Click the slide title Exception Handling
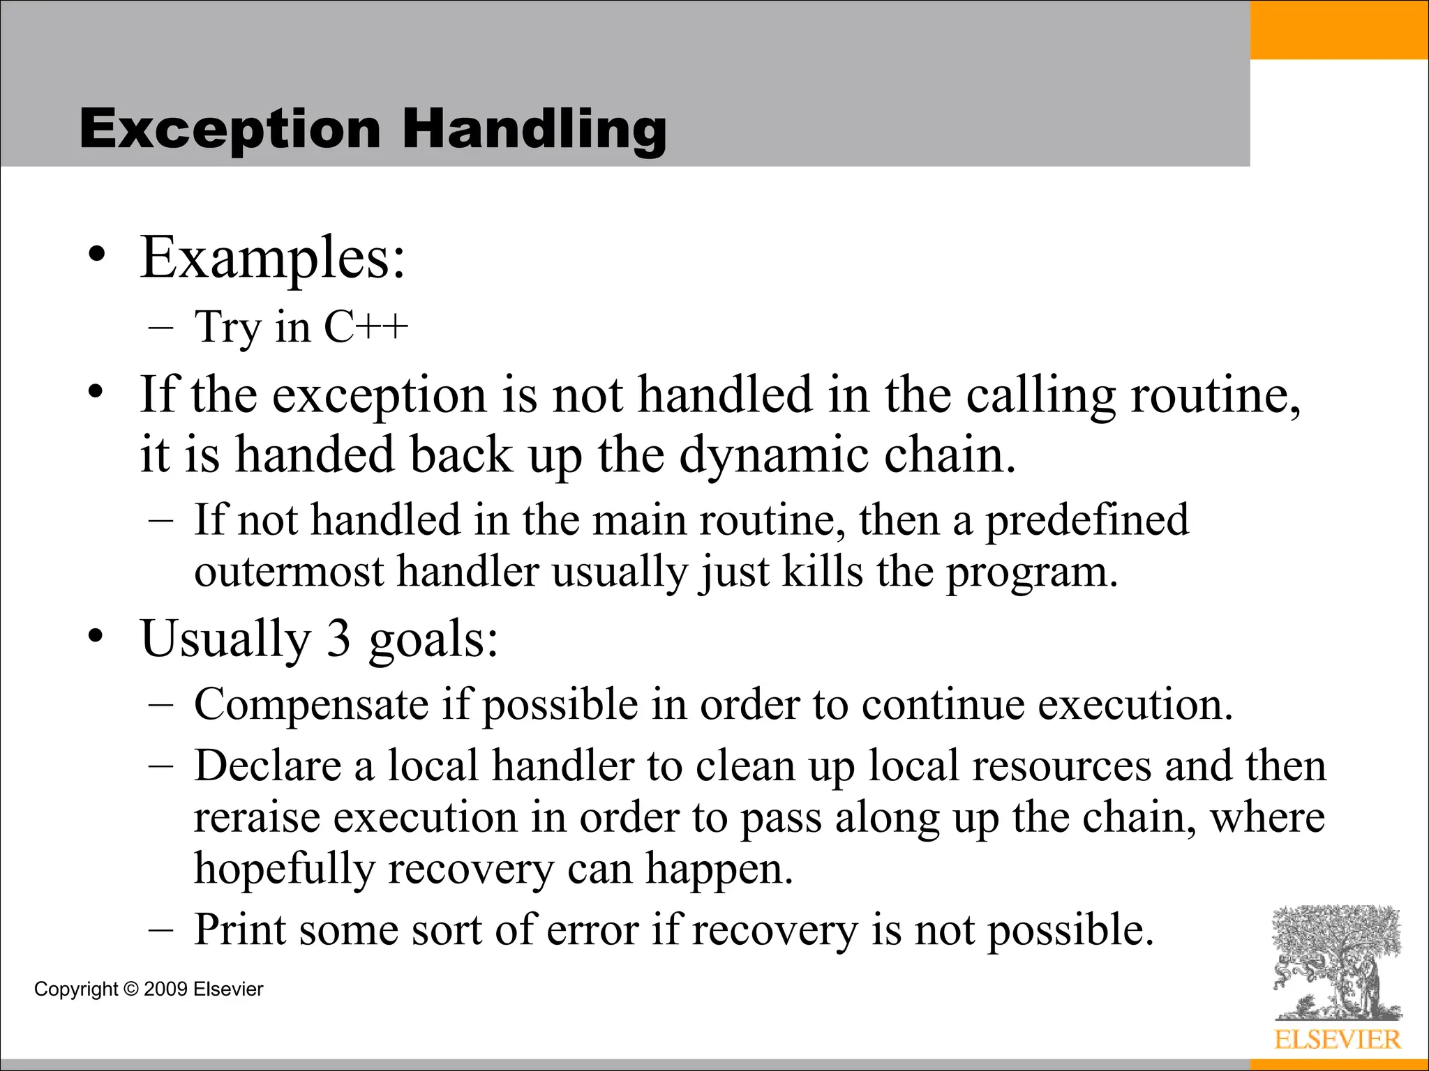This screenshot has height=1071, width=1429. pos(373,130)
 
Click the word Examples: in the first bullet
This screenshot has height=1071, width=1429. pos(272,258)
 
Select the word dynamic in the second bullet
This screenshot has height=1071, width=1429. pos(774,455)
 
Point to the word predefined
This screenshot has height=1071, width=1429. pos(1086,520)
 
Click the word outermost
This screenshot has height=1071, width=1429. pos(289,572)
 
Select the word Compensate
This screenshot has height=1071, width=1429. pos(311,705)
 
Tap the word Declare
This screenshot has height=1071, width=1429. pos(267,766)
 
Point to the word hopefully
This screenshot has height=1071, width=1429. pos(284,869)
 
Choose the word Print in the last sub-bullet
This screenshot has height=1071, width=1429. pos(240,929)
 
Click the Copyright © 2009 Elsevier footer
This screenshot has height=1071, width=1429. pos(149,989)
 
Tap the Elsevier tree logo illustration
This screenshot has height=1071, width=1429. pos(1336,962)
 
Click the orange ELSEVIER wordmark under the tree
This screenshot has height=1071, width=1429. pos(1337,1040)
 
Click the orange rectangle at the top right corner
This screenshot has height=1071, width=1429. pos(1339,29)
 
